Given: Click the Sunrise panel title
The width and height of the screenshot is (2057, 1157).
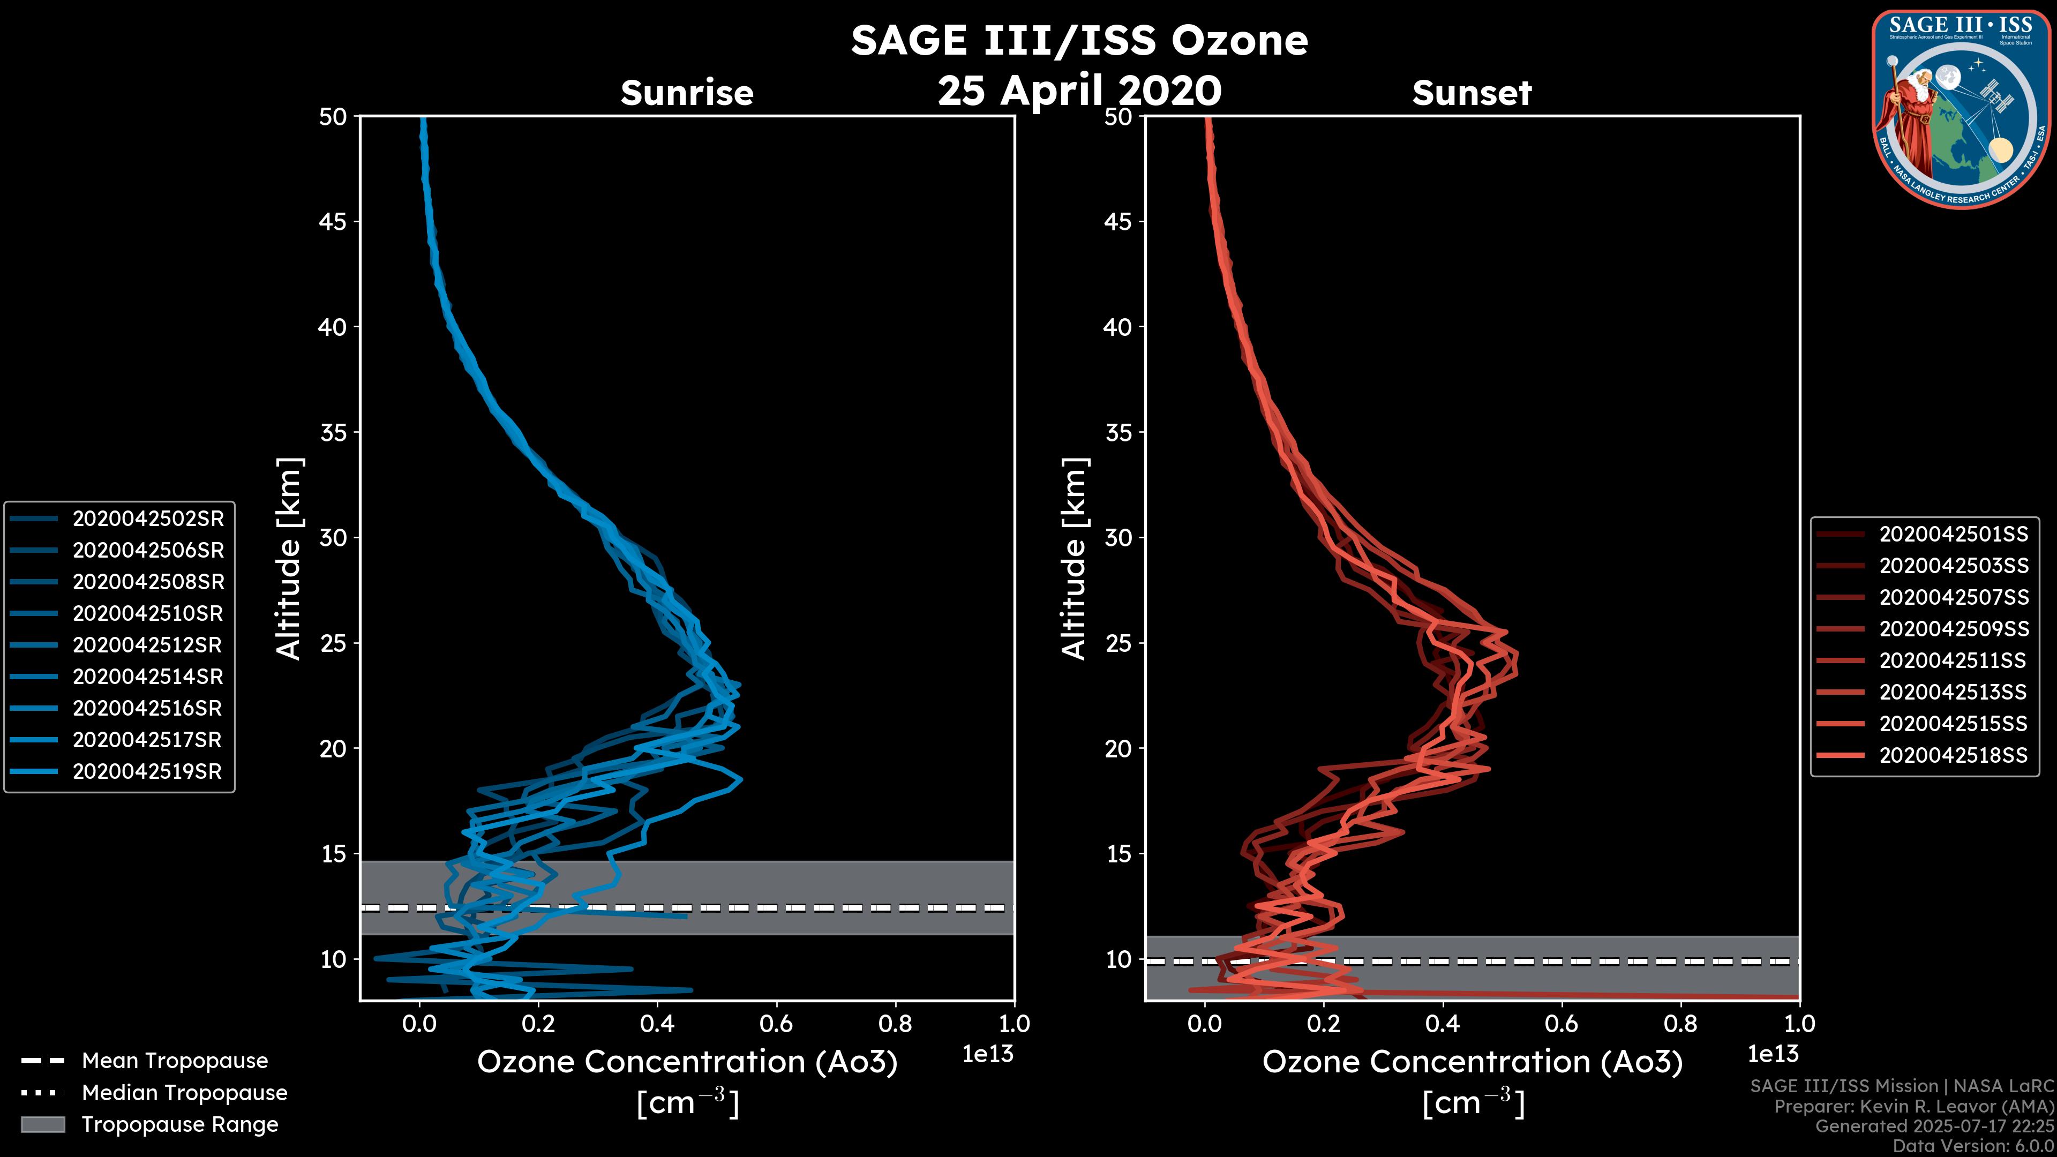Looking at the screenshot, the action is click(687, 93).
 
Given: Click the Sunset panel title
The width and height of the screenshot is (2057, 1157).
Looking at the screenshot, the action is click(1472, 93).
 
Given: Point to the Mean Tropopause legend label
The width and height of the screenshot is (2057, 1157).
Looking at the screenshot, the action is click(175, 1061).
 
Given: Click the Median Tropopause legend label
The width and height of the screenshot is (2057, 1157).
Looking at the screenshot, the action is click(184, 1092).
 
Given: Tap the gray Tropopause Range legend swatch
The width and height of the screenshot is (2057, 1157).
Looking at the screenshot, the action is click(42, 1124).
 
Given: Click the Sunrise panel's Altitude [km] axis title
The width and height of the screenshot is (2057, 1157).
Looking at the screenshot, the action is click(289, 558).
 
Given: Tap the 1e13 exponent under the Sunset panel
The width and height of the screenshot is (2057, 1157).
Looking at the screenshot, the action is click(1773, 1054).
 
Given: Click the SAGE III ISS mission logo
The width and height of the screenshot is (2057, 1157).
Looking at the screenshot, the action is click(1961, 109).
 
